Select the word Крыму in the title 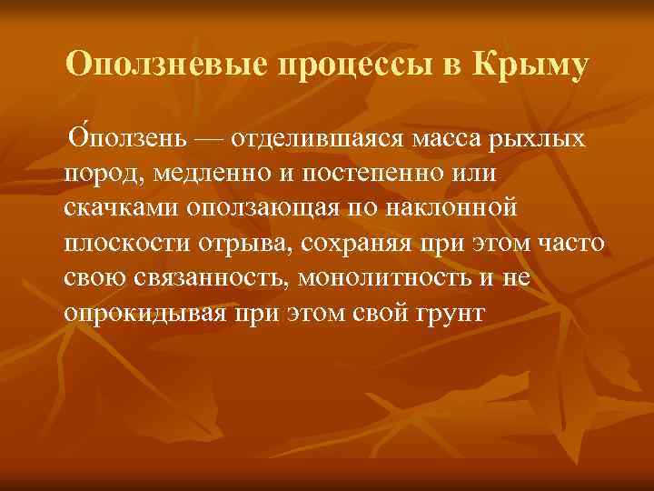(527, 65)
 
